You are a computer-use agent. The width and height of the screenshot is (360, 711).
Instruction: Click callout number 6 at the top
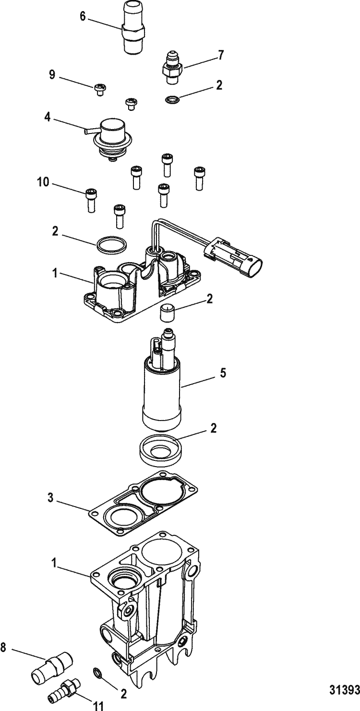pos(83,16)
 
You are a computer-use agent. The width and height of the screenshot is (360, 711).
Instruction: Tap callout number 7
pos(220,55)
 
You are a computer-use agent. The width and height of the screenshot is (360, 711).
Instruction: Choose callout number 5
pos(222,373)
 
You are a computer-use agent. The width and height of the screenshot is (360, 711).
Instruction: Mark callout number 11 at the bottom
pos(98,706)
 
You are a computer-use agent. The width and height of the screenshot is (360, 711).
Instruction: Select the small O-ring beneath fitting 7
pos(172,100)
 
